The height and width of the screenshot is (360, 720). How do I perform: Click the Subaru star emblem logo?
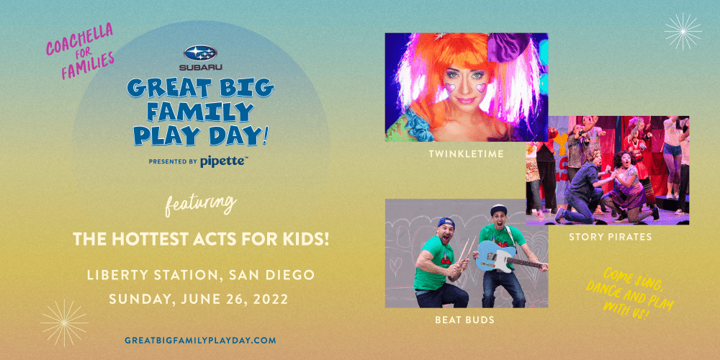pyautogui.click(x=200, y=53)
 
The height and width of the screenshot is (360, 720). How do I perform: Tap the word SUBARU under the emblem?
pyautogui.click(x=201, y=68)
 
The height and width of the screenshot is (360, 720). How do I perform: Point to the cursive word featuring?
pyautogui.click(x=199, y=204)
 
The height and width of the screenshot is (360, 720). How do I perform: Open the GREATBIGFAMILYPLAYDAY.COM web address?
pyautogui.click(x=200, y=341)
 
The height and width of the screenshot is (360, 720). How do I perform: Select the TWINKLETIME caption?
pyautogui.click(x=466, y=154)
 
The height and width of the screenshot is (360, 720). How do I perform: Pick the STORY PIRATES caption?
pyautogui.click(x=611, y=238)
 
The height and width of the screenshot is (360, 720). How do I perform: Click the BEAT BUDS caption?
pyautogui.click(x=465, y=320)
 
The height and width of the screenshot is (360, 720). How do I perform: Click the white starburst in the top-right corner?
pyautogui.click(x=683, y=31)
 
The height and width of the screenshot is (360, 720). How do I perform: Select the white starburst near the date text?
pyautogui.click(x=64, y=323)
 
